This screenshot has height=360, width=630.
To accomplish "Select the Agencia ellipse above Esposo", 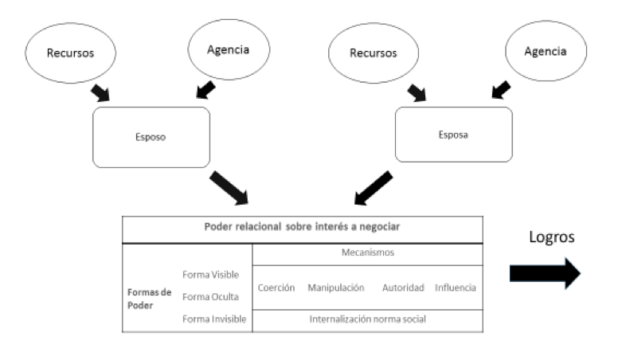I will tap(229, 49).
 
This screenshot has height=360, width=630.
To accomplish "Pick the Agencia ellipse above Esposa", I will tap(545, 52).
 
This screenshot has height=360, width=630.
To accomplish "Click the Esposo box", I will tap(151, 137).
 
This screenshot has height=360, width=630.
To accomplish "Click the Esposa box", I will tap(453, 135).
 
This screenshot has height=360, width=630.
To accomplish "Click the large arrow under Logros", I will tap(545, 272).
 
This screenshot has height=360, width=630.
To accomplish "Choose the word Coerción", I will tap(276, 288).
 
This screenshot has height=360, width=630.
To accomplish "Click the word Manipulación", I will tap(335, 288).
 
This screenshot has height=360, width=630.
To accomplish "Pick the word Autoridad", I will tap(402, 288).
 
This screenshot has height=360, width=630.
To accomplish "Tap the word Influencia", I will tap(456, 288).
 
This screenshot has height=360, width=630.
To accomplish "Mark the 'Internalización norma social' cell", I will tap(367, 319).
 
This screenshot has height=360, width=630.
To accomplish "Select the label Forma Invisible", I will tap(213, 319).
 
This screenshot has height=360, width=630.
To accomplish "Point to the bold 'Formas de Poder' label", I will tap(149, 297).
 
